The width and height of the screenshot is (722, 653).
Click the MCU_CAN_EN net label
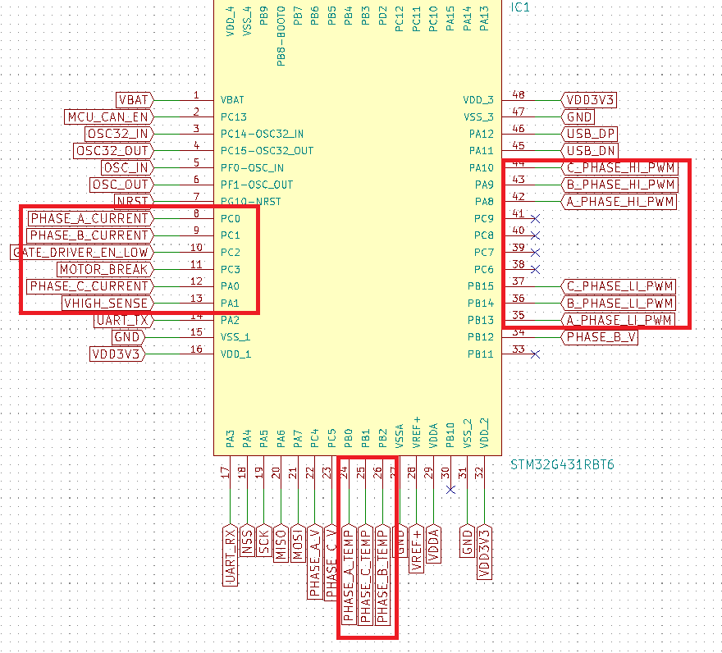[x=107, y=116]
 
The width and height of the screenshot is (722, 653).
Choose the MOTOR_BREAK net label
[x=104, y=269]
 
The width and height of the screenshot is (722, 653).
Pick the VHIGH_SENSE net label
[x=106, y=304]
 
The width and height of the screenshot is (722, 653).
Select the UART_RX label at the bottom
[x=231, y=555]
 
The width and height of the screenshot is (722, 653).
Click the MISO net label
[x=281, y=543]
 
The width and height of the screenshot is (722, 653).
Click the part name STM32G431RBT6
[x=562, y=465]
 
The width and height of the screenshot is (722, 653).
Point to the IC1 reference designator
[x=521, y=7]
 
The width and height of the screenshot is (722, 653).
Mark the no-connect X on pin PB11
[x=536, y=354]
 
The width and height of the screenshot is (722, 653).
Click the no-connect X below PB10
[x=450, y=490]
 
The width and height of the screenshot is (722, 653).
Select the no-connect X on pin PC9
[x=536, y=218]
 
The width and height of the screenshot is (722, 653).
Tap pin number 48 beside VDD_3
[x=518, y=95]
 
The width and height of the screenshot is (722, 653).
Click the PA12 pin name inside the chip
[x=481, y=134]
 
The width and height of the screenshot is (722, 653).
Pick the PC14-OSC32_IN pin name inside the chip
[x=262, y=134]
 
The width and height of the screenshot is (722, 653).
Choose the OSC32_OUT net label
[x=112, y=150]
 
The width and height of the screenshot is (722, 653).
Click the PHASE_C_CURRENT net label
[x=89, y=286]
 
